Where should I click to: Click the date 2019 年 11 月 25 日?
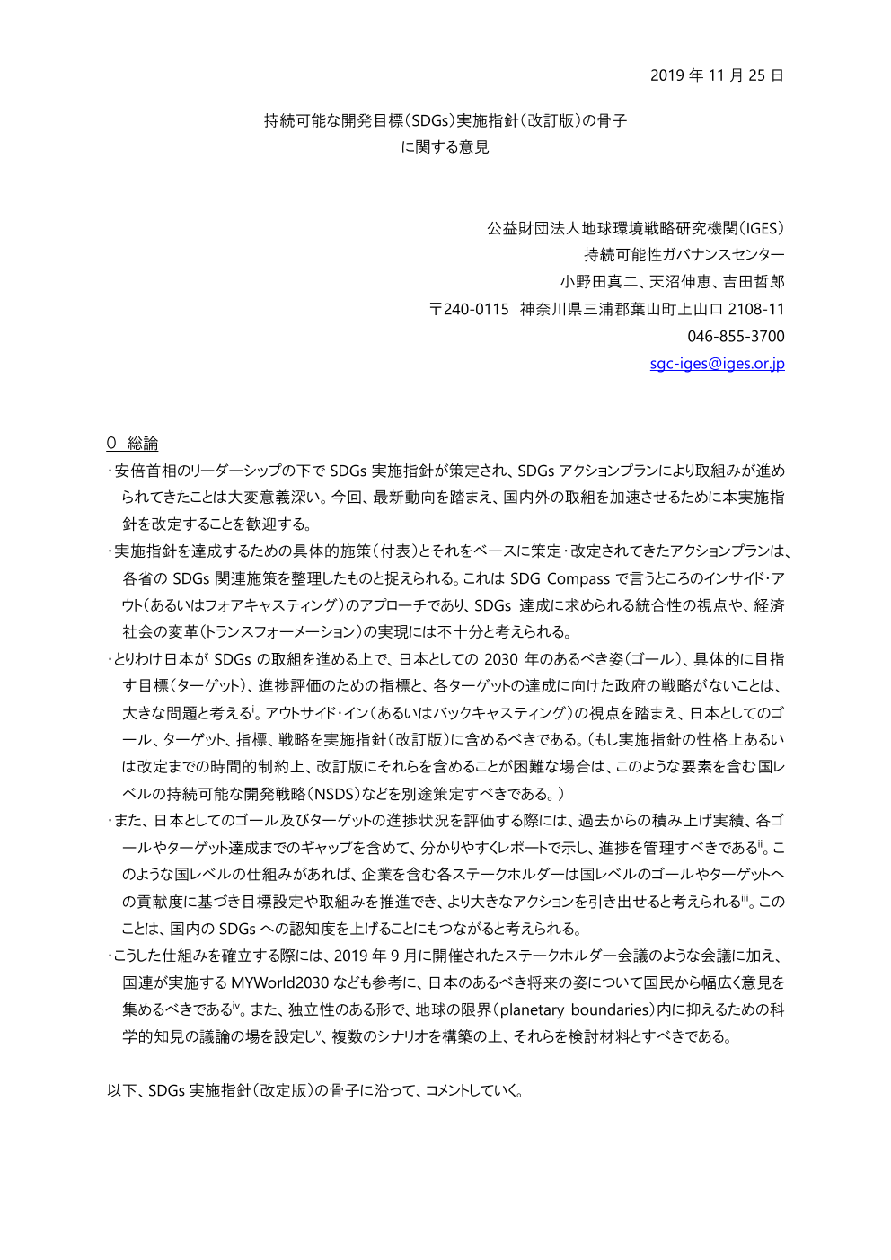[x=716, y=75]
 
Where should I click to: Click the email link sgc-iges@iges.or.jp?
[x=717, y=364]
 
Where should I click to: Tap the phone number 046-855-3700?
[x=736, y=337]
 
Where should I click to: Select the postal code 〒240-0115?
[x=469, y=310]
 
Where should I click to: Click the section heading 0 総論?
[x=132, y=444]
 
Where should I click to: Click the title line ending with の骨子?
[x=445, y=120]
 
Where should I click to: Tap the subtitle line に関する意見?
[x=445, y=147]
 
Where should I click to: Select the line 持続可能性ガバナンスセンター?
[x=684, y=255]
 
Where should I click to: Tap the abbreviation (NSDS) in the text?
[x=333, y=795]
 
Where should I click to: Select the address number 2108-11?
[x=755, y=310]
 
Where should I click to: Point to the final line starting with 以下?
[x=315, y=1091]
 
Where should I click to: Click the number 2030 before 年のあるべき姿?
[x=500, y=660]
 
